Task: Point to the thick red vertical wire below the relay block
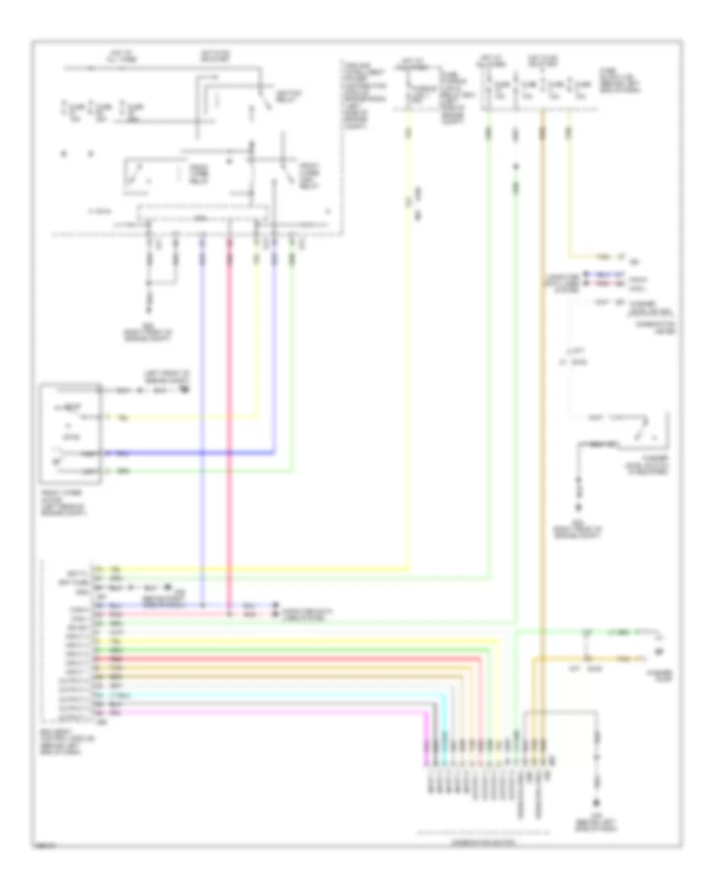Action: pos(230,444)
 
